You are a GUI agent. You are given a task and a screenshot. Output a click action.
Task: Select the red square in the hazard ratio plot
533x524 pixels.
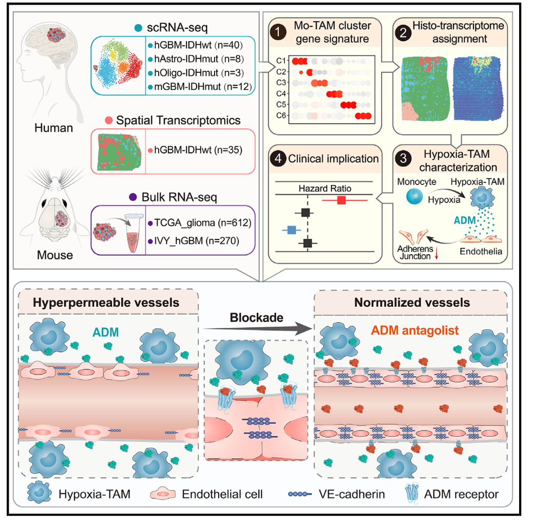(341, 200)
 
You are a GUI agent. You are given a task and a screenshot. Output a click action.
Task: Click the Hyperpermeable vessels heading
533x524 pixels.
(106, 303)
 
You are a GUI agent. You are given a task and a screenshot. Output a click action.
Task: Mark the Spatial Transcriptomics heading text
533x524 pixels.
(178, 120)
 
